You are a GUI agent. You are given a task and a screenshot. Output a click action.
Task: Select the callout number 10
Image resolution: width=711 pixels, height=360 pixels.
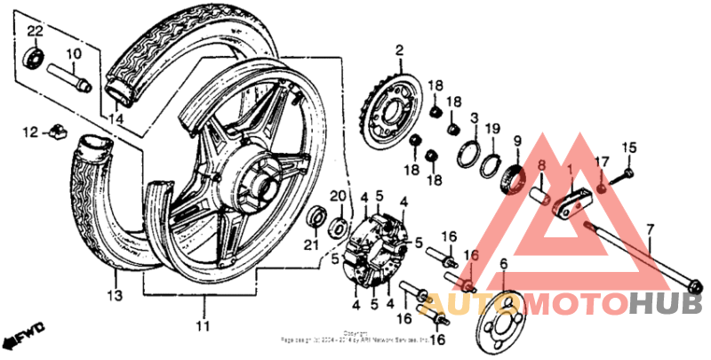coord(73,53)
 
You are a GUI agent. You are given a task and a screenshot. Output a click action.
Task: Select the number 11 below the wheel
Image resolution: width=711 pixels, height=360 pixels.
coord(203,324)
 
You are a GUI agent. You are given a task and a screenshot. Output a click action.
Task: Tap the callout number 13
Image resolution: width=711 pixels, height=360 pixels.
coord(114,294)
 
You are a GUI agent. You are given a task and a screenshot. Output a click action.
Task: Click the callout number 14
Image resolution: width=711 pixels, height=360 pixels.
coord(115,117)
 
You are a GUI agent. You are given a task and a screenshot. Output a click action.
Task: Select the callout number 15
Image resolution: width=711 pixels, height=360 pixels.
coord(629,147)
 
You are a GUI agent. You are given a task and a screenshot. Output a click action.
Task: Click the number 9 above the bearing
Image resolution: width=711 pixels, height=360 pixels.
coord(516,140)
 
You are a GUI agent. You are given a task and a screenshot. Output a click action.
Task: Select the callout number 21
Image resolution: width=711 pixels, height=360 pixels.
coord(312,244)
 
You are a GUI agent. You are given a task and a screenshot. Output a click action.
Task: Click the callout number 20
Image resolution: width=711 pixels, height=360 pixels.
coord(337,196)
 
